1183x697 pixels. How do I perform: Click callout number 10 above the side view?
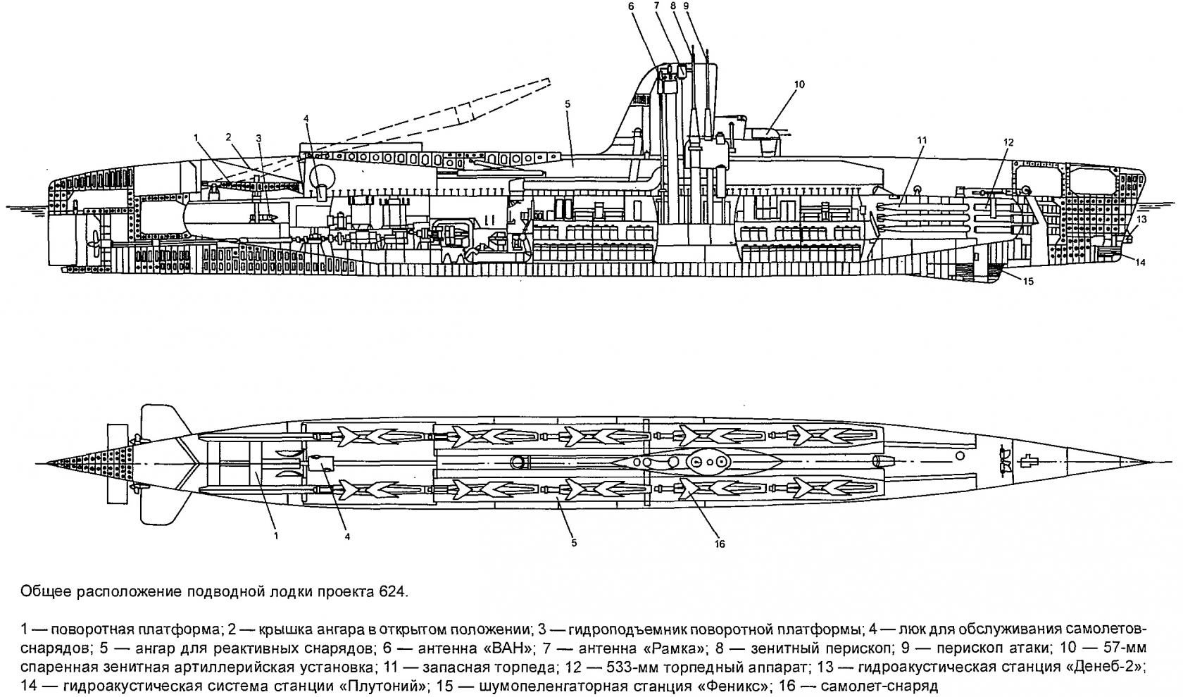pos(799,84)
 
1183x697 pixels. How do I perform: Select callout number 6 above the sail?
pos(631,6)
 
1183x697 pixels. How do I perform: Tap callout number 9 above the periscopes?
pos(686,6)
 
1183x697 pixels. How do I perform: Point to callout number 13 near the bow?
pos(1142,219)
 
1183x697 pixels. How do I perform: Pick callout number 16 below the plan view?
pos(720,544)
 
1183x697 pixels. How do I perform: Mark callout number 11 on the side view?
pos(922,141)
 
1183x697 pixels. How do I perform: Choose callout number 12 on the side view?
pos(1008,142)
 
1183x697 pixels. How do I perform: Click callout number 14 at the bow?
pos(1141,263)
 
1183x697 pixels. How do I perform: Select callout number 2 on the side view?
pos(228,135)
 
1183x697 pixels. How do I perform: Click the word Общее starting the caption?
pos(42,591)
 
